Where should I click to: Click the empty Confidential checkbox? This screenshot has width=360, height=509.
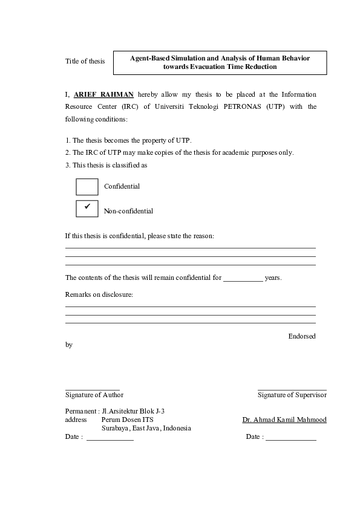pyautogui.click(x=87, y=187)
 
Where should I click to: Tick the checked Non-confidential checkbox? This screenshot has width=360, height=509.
pyautogui.click(x=87, y=208)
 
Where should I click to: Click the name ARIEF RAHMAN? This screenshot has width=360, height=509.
pyautogui.click(x=103, y=94)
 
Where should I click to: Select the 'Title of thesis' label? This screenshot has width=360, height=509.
pyautogui.click(x=85, y=62)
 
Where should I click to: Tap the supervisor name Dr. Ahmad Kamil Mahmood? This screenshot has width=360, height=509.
pyautogui.click(x=284, y=420)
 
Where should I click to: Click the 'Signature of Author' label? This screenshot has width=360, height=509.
pyautogui.click(x=94, y=395)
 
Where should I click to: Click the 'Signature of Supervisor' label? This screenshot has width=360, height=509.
pyautogui.click(x=292, y=395)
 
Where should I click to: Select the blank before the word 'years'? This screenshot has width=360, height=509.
pyautogui.click(x=243, y=279)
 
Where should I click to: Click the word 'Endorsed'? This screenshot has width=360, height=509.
pyautogui.click(x=301, y=336)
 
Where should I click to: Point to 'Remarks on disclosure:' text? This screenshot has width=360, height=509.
pyautogui.click(x=99, y=294)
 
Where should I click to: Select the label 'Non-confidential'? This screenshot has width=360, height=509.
pyautogui.click(x=128, y=211)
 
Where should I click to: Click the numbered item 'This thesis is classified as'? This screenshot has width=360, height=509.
pyautogui.click(x=110, y=165)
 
